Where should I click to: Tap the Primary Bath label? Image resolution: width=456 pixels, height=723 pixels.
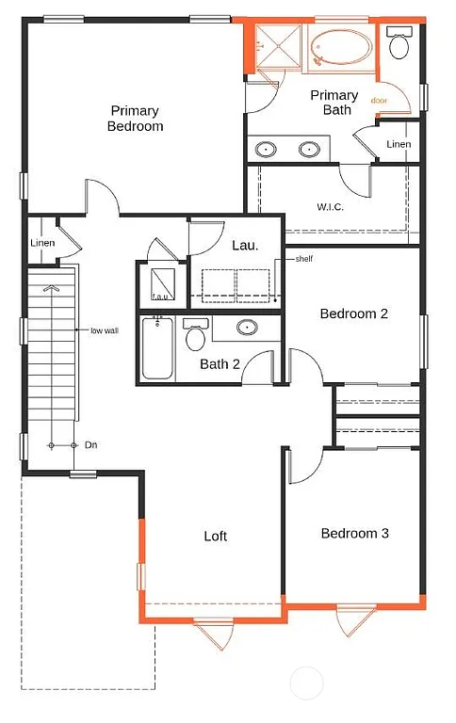pyautogui.click(x=334, y=103)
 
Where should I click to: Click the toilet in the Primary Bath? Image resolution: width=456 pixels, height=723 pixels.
pyautogui.click(x=399, y=44)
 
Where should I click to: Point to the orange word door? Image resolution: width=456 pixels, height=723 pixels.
pyautogui.click(x=380, y=100)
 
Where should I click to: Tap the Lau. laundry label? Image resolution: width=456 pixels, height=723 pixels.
pyautogui.click(x=245, y=245)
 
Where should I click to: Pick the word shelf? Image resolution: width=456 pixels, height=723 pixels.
pyautogui.click(x=303, y=259)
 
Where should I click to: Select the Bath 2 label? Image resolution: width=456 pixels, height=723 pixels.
pyautogui.click(x=220, y=364)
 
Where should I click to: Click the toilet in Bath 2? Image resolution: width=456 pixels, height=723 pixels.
pyautogui.click(x=196, y=335)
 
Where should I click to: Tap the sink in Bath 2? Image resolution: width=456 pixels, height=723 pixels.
pyautogui.click(x=247, y=328)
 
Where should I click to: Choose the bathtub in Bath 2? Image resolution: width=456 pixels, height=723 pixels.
pyautogui.click(x=156, y=349)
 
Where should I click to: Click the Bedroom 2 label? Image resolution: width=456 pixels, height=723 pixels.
pyautogui.click(x=353, y=313)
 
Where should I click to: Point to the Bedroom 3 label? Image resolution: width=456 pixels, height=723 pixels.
pyautogui.click(x=355, y=533)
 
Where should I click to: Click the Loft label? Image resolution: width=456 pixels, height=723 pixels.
pyautogui.click(x=216, y=536)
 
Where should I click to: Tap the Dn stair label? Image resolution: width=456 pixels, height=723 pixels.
pyautogui.click(x=91, y=444)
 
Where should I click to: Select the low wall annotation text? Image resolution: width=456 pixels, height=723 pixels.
pyautogui.click(x=104, y=330)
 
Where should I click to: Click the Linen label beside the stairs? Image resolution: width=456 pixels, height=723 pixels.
pyautogui.click(x=41, y=243)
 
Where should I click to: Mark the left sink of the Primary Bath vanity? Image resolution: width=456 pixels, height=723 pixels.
pyautogui.click(x=267, y=149)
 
